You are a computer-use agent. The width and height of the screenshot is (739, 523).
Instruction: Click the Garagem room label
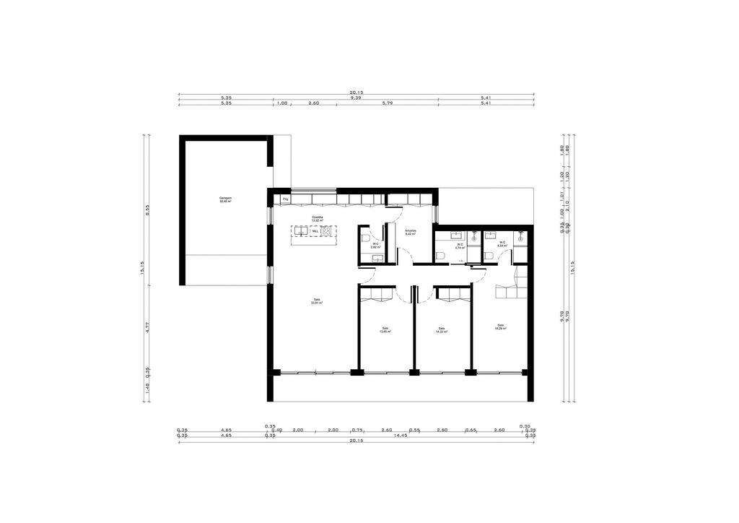point(226,199)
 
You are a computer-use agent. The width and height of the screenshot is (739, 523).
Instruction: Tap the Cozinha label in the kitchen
point(317,218)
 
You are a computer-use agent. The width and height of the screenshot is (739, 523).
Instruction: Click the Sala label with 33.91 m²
point(316,301)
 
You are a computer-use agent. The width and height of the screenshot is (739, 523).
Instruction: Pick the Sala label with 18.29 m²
point(500,327)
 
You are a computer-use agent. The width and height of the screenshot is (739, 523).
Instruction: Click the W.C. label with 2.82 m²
point(376,245)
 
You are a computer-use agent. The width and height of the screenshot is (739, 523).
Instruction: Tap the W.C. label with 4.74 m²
point(460,246)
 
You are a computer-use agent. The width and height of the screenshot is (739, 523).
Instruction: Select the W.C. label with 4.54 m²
point(502,244)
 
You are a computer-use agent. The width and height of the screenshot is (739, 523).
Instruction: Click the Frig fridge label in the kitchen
point(286,198)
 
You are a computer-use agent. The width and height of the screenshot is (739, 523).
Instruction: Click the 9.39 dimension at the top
point(356,98)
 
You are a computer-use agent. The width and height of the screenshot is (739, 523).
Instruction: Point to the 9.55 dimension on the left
point(147,211)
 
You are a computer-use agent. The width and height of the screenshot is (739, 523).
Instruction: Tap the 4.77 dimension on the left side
point(147,327)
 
